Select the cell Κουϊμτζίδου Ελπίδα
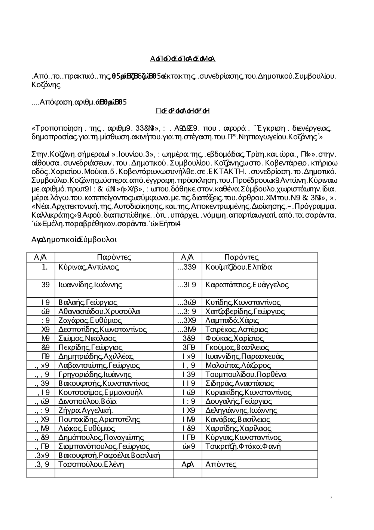pos(239,267)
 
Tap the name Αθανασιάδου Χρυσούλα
pos(99,311)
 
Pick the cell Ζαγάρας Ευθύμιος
pos(90,320)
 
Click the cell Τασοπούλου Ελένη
pos(91,464)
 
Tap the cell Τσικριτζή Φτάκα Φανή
pos(243,446)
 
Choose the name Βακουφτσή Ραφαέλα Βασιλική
pos(109,455)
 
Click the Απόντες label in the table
pos(221,464)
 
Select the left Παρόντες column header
pos(114,257)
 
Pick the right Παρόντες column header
pos(241,257)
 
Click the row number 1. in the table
pos(45,267)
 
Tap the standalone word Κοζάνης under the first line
pos(46,85)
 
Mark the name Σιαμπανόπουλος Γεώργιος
pos(104,446)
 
